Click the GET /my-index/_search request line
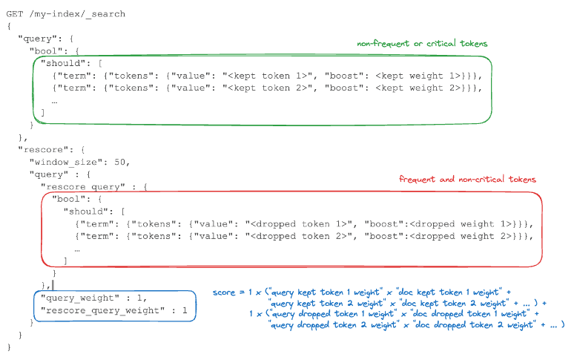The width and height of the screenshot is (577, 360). tap(66, 14)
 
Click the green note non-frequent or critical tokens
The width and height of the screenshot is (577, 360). tap(422, 45)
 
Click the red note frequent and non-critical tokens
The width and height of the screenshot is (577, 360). tap(467, 180)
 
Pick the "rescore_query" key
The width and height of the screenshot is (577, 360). tap(81, 186)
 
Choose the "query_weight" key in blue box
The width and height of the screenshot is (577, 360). tap(81, 298)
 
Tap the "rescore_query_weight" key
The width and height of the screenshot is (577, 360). tap(104, 310)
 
